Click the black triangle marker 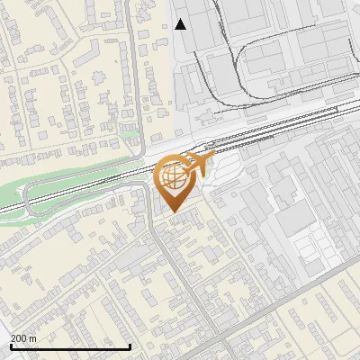[x=181, y=24]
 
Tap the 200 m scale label [x=24, y=338]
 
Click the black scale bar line [x=70, y=346]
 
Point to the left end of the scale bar [x=11, y=346]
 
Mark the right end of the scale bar [x=130, y=346]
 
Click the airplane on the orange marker [x=199, y=165]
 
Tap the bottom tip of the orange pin [x=174, y=212]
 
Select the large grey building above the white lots [x=292, y=217]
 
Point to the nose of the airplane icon [x=212, y=157]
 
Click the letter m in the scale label [x=33, y=338]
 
